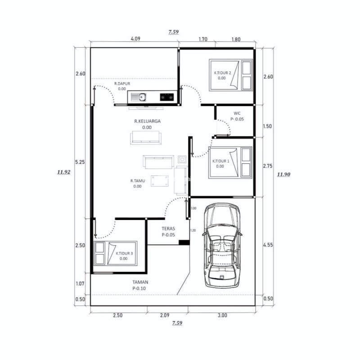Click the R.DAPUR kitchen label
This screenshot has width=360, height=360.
coord(122,83)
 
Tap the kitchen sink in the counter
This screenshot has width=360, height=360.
coord(142,96)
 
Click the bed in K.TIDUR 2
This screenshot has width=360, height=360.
coord(231,75)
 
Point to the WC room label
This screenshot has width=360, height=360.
coord(237,113)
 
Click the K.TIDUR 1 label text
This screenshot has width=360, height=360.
coord(221,161)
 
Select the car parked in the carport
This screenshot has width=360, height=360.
coord(221,245)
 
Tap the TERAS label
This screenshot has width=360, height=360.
coord(168,229)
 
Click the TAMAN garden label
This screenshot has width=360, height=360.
coord(140,283)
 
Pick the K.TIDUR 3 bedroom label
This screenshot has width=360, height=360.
coord(124,253)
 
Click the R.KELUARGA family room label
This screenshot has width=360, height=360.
coord(147,121)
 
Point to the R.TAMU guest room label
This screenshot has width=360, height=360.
coord(137,180)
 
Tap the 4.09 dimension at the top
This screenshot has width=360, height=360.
coord(135,39)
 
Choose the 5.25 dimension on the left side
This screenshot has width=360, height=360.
coord(80,162)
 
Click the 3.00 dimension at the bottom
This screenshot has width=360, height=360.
coord(222,315)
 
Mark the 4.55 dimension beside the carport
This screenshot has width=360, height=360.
coord(268,245)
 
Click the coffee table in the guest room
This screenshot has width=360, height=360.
coord(160,180)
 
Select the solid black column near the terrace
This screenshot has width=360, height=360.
coord(183,243)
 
